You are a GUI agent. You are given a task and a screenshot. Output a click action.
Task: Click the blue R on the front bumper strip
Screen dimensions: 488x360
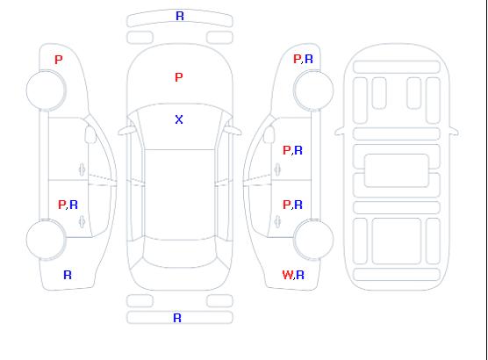[180, 16]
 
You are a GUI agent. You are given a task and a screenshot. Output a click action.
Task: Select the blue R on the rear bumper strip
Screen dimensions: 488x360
[177, 318]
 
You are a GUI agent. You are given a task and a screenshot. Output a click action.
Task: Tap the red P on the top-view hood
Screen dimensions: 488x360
[179, 77]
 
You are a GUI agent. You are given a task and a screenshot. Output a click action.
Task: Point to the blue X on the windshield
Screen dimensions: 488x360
[179, 119]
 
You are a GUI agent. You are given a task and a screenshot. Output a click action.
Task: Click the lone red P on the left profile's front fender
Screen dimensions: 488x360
[59, 60]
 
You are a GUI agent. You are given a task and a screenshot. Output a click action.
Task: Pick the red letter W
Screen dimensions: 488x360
[288, 275]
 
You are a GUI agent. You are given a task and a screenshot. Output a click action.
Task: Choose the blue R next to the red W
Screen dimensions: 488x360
[300, 275]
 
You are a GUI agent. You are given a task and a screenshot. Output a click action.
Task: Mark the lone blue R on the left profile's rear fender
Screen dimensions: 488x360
[68, 275]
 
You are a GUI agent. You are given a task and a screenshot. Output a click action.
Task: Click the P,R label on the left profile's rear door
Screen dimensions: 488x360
[68, 205]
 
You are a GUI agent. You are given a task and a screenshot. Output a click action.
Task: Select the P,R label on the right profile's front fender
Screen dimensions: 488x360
[303, 59]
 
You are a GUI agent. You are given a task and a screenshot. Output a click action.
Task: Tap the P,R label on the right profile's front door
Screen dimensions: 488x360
[292, 150]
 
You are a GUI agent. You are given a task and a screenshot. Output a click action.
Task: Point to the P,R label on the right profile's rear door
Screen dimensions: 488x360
[292, 205]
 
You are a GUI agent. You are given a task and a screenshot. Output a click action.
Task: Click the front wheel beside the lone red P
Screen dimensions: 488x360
[46, 90]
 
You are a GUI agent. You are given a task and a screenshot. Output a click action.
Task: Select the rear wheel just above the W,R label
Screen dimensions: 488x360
[313, 239]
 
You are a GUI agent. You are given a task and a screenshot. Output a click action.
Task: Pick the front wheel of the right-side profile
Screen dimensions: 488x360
[313, 90]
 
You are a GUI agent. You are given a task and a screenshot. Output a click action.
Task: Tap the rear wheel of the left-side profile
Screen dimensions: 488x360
[46, 239]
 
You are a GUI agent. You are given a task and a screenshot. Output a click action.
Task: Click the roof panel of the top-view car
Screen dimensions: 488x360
[180, 195]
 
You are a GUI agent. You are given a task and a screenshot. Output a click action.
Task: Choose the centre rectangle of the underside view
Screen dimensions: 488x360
[397, 170]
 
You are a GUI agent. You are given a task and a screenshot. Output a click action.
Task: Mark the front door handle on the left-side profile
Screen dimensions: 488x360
[82, 169]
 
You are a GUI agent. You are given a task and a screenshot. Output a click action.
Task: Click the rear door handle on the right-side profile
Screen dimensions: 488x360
[277, 221]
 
